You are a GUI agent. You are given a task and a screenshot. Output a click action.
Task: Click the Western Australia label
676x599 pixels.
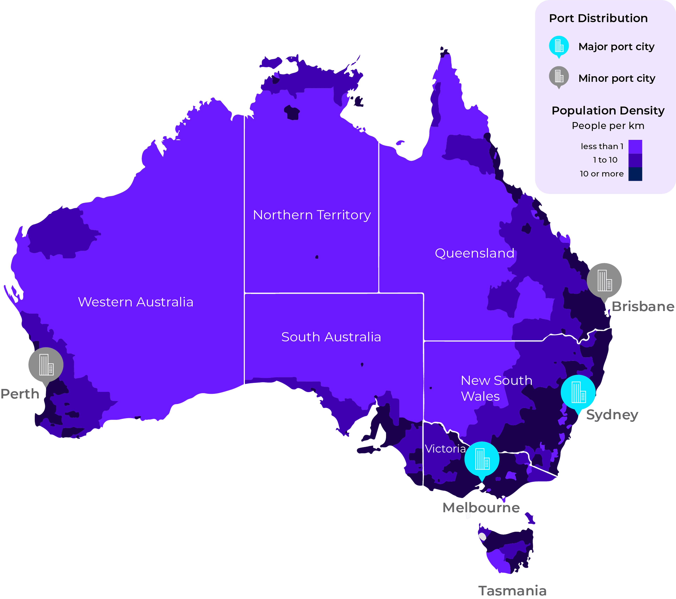(x=136, y=302)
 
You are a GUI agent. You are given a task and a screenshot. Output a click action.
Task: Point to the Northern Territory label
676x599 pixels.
(x=312, y=215)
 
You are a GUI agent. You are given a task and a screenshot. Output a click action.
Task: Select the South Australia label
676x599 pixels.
(x=331, y=337)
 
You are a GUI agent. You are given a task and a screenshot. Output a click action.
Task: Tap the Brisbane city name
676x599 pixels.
(x=643, y=307)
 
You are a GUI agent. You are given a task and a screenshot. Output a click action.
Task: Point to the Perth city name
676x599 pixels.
(x=20, y=394)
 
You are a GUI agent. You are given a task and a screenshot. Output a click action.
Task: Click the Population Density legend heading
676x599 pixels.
(x=608, y=111)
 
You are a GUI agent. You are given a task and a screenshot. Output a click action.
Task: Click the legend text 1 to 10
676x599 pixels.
(x=605, y=160)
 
